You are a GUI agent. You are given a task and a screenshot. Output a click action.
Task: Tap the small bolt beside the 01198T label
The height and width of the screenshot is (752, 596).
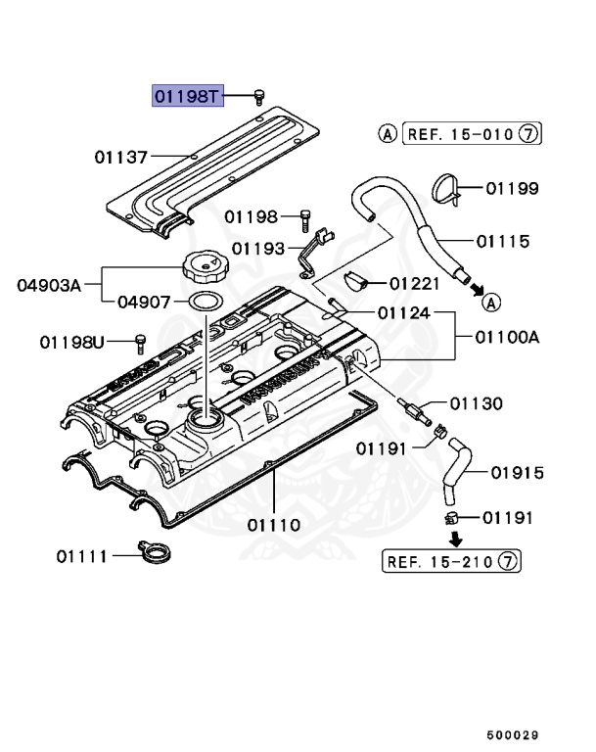point(259,95)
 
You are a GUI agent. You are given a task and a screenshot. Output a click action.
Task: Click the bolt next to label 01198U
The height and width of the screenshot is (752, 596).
point(139,342)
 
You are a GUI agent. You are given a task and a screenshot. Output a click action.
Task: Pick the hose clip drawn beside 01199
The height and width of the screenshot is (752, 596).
point(447,189)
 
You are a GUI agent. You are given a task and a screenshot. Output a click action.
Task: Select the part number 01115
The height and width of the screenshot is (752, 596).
point(503,241)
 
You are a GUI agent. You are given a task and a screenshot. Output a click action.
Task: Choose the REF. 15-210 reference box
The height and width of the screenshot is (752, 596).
point(451,561)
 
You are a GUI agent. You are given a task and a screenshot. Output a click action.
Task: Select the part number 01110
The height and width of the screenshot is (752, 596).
point(274,525)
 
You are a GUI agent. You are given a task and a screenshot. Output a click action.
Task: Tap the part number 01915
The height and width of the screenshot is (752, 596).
point(516,473)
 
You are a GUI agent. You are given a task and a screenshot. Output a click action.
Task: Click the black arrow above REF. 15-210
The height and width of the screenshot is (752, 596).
point(455,538)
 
